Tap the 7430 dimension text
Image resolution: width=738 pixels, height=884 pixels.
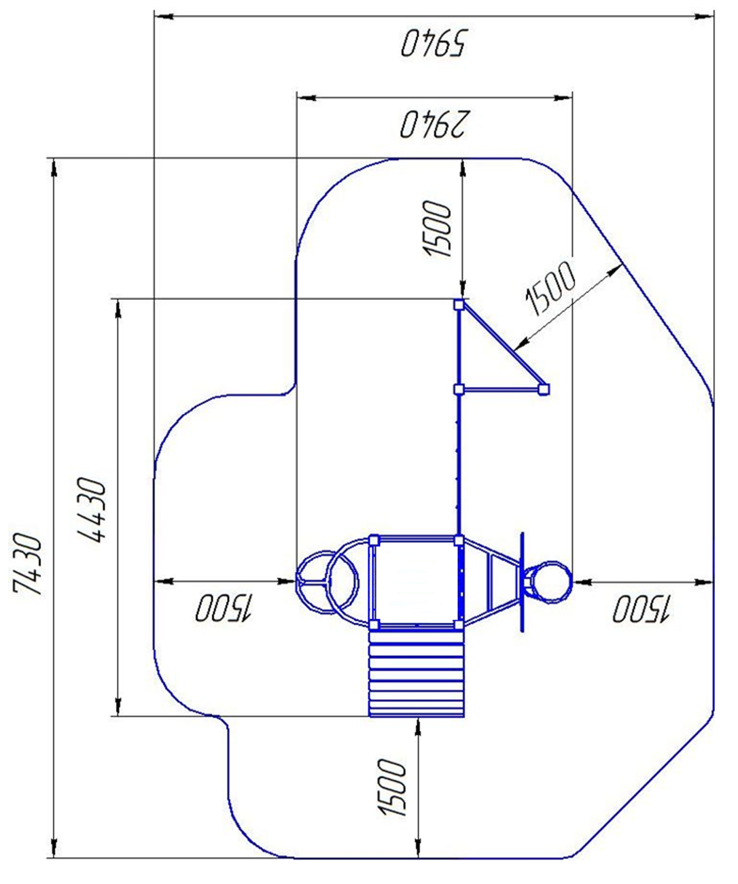click(27, 566)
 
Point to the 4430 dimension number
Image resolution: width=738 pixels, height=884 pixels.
click(90, 509)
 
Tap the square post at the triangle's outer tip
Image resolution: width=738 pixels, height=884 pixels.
click(544, 389)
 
